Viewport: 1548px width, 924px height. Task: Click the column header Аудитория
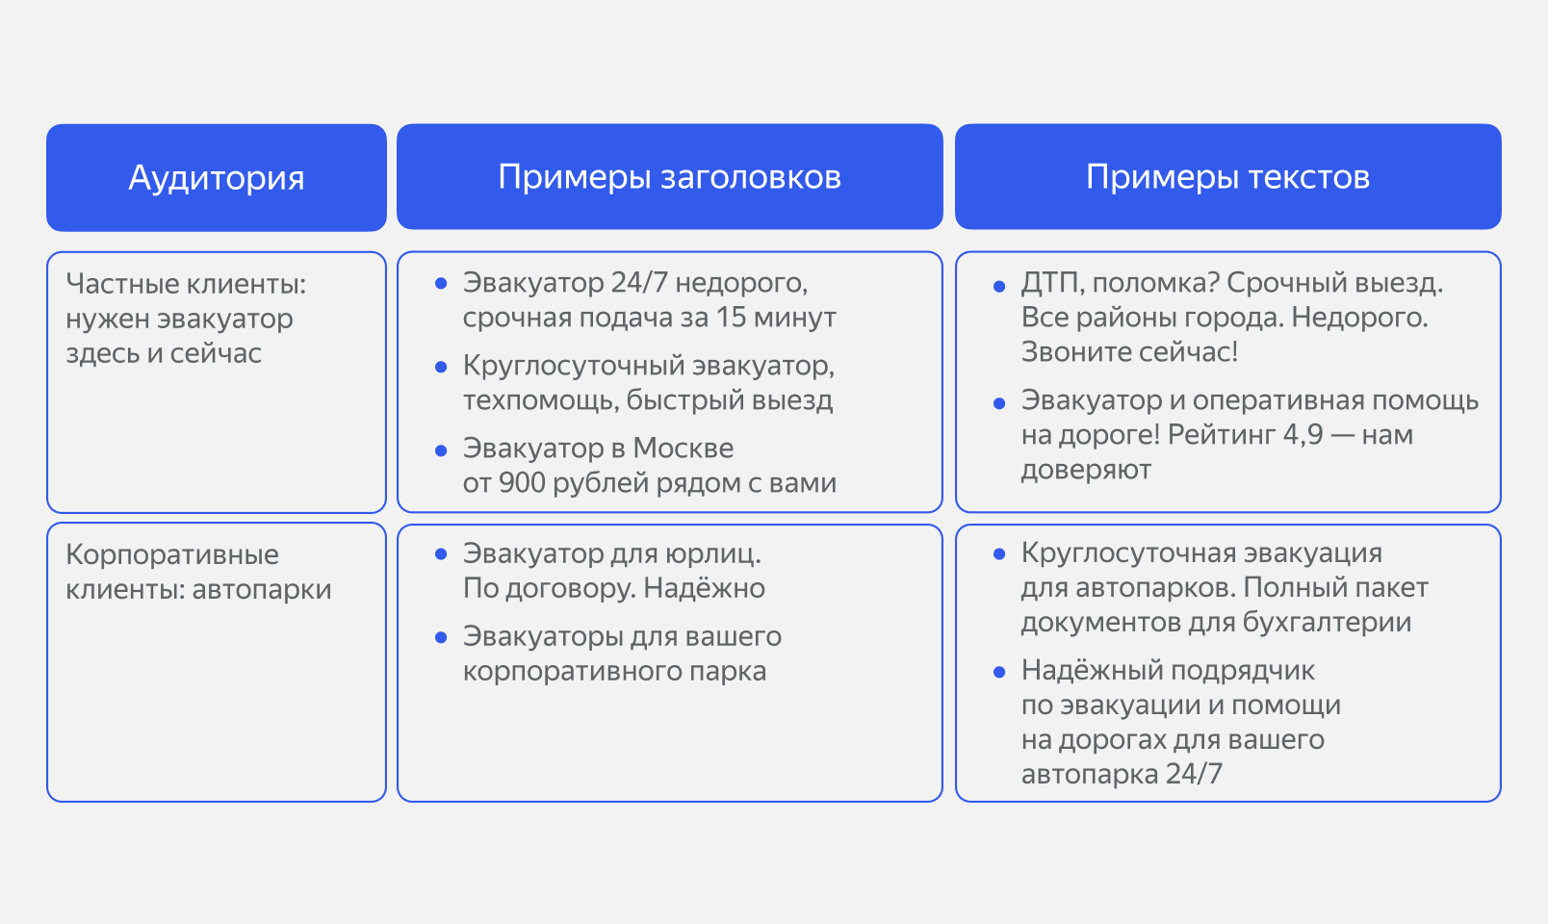(217, 178)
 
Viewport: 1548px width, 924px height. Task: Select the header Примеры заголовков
(669, 177)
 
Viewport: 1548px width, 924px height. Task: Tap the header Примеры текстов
(1227, 177)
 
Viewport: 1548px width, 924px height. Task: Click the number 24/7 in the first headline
(638, 283)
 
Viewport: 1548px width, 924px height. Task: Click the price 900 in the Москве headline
(523, 483)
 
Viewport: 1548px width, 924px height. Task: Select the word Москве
(683, 449)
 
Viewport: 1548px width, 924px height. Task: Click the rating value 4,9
(1303, 435)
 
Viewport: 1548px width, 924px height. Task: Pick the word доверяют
(1086, 470)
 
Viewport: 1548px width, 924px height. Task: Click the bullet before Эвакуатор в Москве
(441, 449)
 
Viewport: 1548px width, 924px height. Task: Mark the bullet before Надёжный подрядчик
(999, 672)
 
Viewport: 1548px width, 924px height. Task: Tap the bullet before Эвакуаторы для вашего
(441, 637)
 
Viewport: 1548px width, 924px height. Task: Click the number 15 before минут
(731, 318)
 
